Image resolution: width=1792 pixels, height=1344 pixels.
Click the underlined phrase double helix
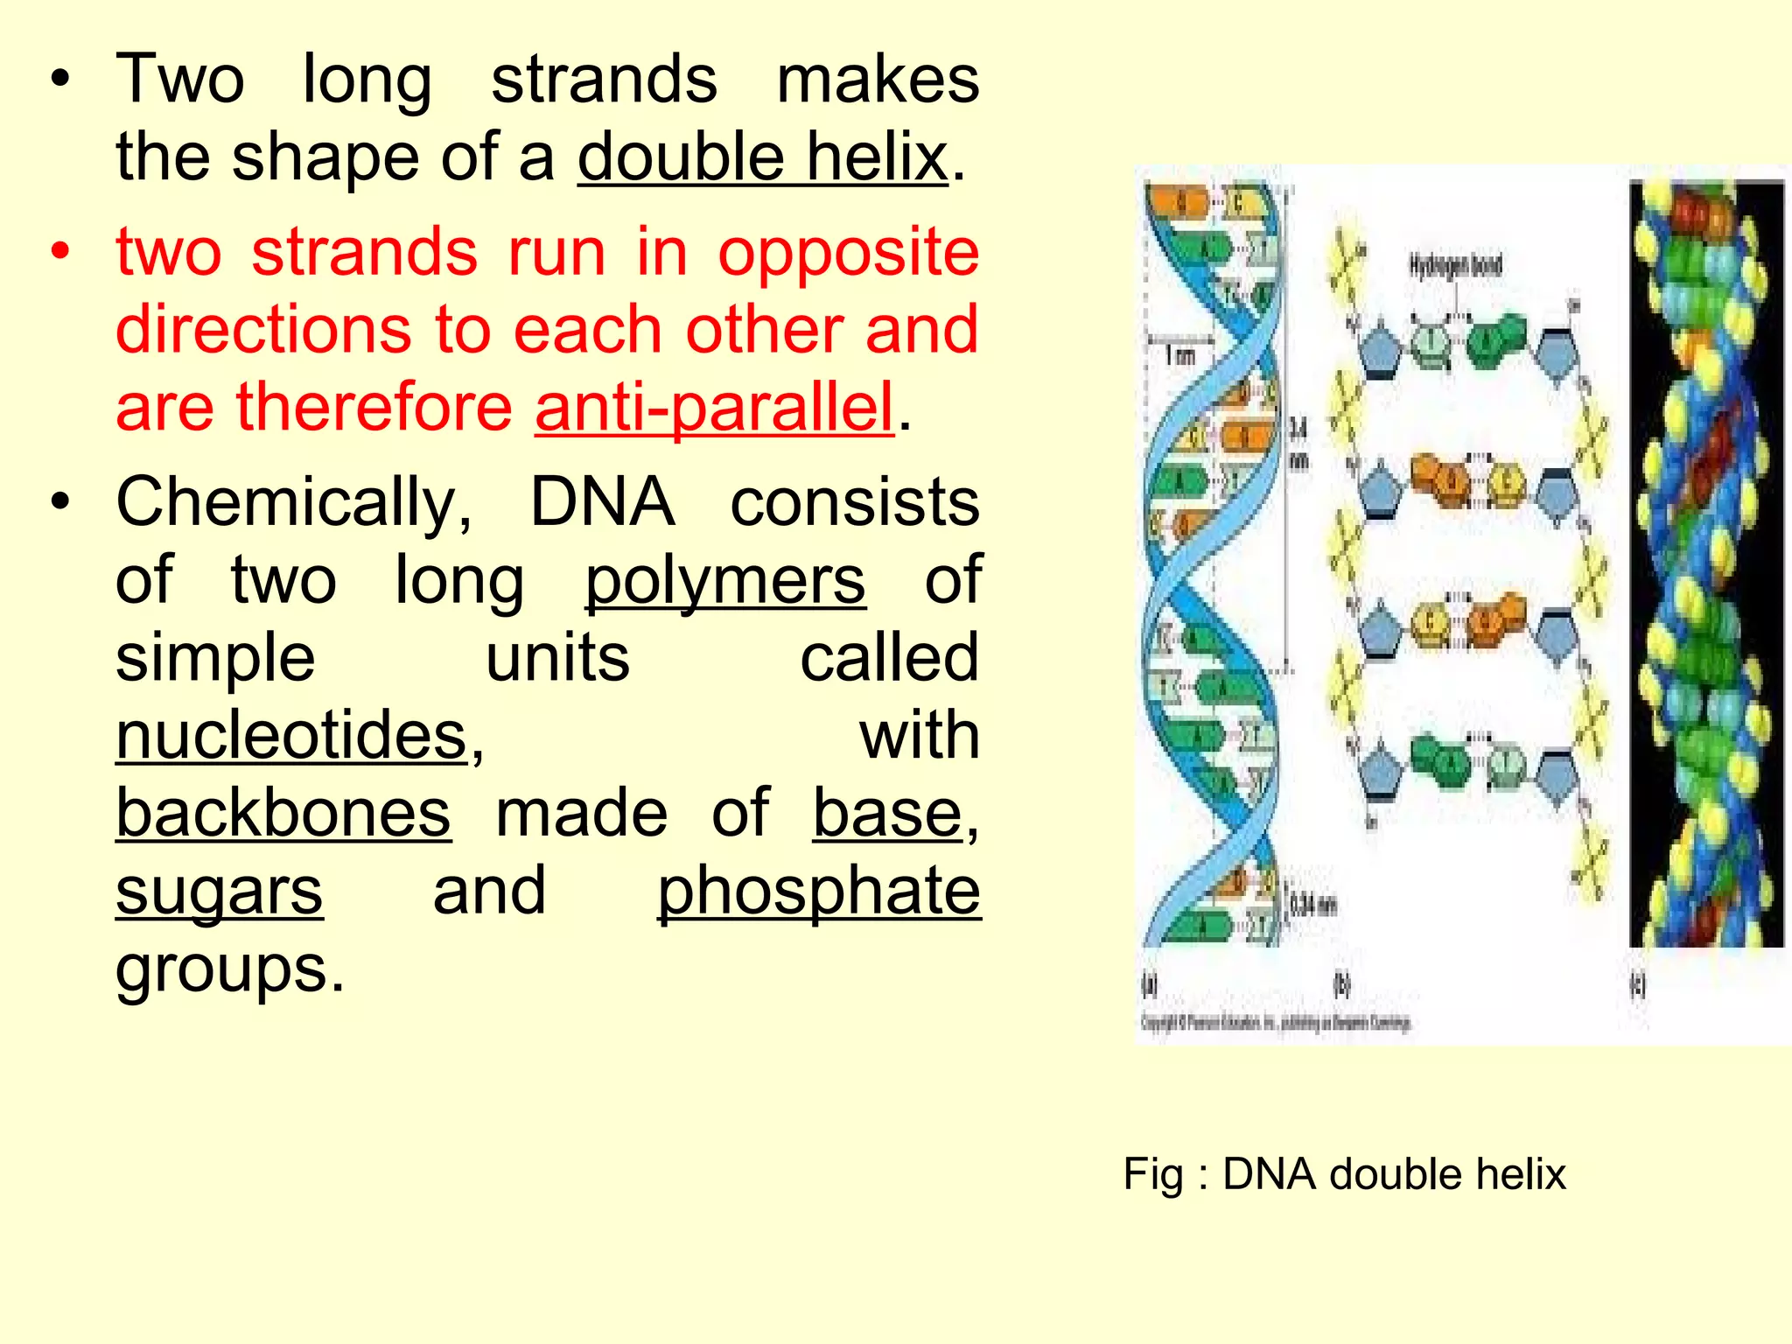tap(762, 158)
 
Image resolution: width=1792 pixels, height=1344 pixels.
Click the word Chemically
tap(293, 503)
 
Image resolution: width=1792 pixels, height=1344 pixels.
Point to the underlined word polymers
tap(724, 581)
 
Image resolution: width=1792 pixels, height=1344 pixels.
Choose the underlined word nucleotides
tap(292, 736)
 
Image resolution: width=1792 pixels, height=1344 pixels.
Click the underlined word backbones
tap(283, 814)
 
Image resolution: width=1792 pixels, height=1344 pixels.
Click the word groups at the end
tap(229, 969)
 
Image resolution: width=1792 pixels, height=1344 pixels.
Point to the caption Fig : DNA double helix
tap(1343, 1174)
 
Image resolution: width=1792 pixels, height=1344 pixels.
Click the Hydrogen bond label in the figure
tap(1454, 265)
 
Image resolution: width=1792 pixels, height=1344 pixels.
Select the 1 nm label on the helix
tap(1179, 355)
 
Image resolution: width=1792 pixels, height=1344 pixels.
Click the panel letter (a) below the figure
tap(1151, 985)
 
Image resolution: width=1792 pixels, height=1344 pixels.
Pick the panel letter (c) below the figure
tap(1637, 985)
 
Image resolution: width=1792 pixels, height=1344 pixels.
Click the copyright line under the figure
tap(1275, 1022)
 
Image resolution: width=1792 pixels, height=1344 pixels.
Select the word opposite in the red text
tap(848, 253)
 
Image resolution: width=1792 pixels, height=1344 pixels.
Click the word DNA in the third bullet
tap(602, 503)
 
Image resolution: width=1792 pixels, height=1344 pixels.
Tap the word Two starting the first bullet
tap(179, 80)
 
